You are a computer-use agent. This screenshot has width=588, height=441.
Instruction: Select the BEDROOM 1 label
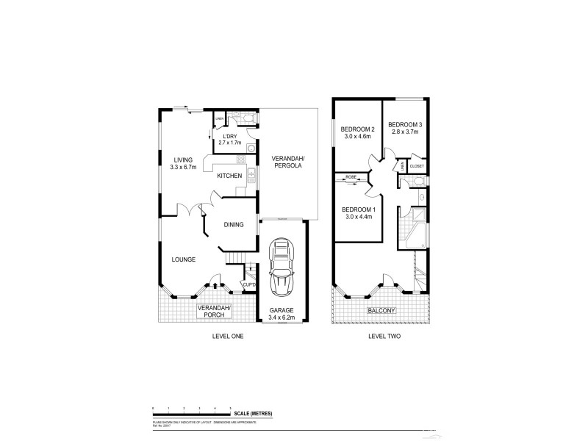tap(358, 212)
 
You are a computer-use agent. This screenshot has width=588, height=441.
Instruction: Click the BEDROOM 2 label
tap(356, 132)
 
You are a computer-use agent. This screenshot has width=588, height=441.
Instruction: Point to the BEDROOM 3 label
tap(404, 128)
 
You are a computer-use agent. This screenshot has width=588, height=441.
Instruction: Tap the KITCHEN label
tap(229, 176)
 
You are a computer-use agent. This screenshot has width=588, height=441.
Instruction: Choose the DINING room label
tap(235, 226)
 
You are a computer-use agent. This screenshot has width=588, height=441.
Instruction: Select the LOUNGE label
tap(184, 259)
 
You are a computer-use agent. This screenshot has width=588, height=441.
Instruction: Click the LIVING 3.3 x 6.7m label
tap(182, 164)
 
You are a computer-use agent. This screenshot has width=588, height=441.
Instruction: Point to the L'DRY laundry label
tap(229, 139)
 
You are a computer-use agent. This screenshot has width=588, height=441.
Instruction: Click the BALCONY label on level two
tap(381, 310)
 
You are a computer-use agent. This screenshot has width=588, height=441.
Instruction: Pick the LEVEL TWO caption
tap(384, 336)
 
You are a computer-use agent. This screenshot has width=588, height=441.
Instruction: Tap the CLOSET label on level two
tap(417, 166)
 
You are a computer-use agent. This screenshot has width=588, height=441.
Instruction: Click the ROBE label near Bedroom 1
tap(351, 177)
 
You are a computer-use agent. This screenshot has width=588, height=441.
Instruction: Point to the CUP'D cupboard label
tap(248, 284)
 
